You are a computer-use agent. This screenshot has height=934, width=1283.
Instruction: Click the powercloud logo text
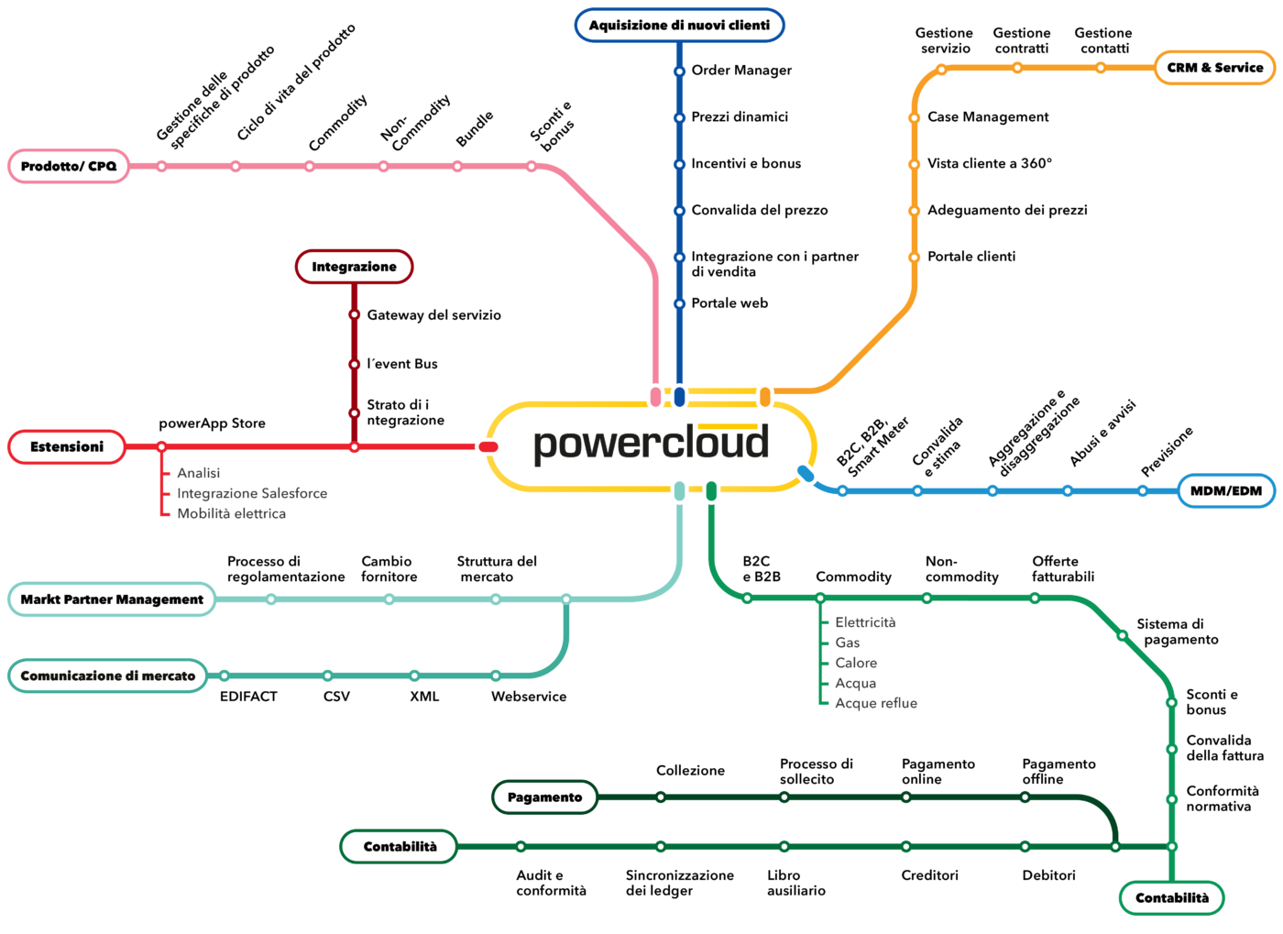(651, 444)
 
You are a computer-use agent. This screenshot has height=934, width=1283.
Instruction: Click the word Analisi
(198, 473)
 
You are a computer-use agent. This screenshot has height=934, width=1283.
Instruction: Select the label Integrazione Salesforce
(252, 493)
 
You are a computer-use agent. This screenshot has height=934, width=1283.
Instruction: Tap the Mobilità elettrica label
(231, 513)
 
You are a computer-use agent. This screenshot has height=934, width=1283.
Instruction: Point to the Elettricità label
(865, 622)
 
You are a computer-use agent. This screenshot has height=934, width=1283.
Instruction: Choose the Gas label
(848, 643)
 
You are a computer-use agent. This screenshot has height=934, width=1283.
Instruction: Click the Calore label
(856, 663)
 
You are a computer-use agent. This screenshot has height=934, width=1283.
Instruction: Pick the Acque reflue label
(876, 703)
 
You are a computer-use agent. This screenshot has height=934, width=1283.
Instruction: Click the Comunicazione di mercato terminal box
(108, 676)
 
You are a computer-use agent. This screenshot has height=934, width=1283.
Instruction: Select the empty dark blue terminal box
(679, 25)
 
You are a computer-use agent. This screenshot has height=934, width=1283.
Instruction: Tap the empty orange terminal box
(1214, 68)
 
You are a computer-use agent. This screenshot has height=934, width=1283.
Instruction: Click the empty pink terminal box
(69, 166)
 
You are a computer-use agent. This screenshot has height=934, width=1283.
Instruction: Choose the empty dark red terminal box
(354, 267)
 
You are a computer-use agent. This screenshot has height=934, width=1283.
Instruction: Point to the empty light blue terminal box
(1226, 491)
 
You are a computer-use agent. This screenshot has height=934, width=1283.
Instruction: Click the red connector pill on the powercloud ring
(488, 446)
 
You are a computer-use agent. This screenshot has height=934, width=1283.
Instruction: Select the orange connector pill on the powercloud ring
(765, 397)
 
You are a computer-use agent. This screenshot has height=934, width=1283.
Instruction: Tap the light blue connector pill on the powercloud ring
(806, 473)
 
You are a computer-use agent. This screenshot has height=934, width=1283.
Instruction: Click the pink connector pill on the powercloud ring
(655, 397)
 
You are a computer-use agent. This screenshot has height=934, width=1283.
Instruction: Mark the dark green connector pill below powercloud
(711, 490)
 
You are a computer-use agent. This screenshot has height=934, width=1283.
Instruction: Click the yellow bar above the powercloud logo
(728, 426)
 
